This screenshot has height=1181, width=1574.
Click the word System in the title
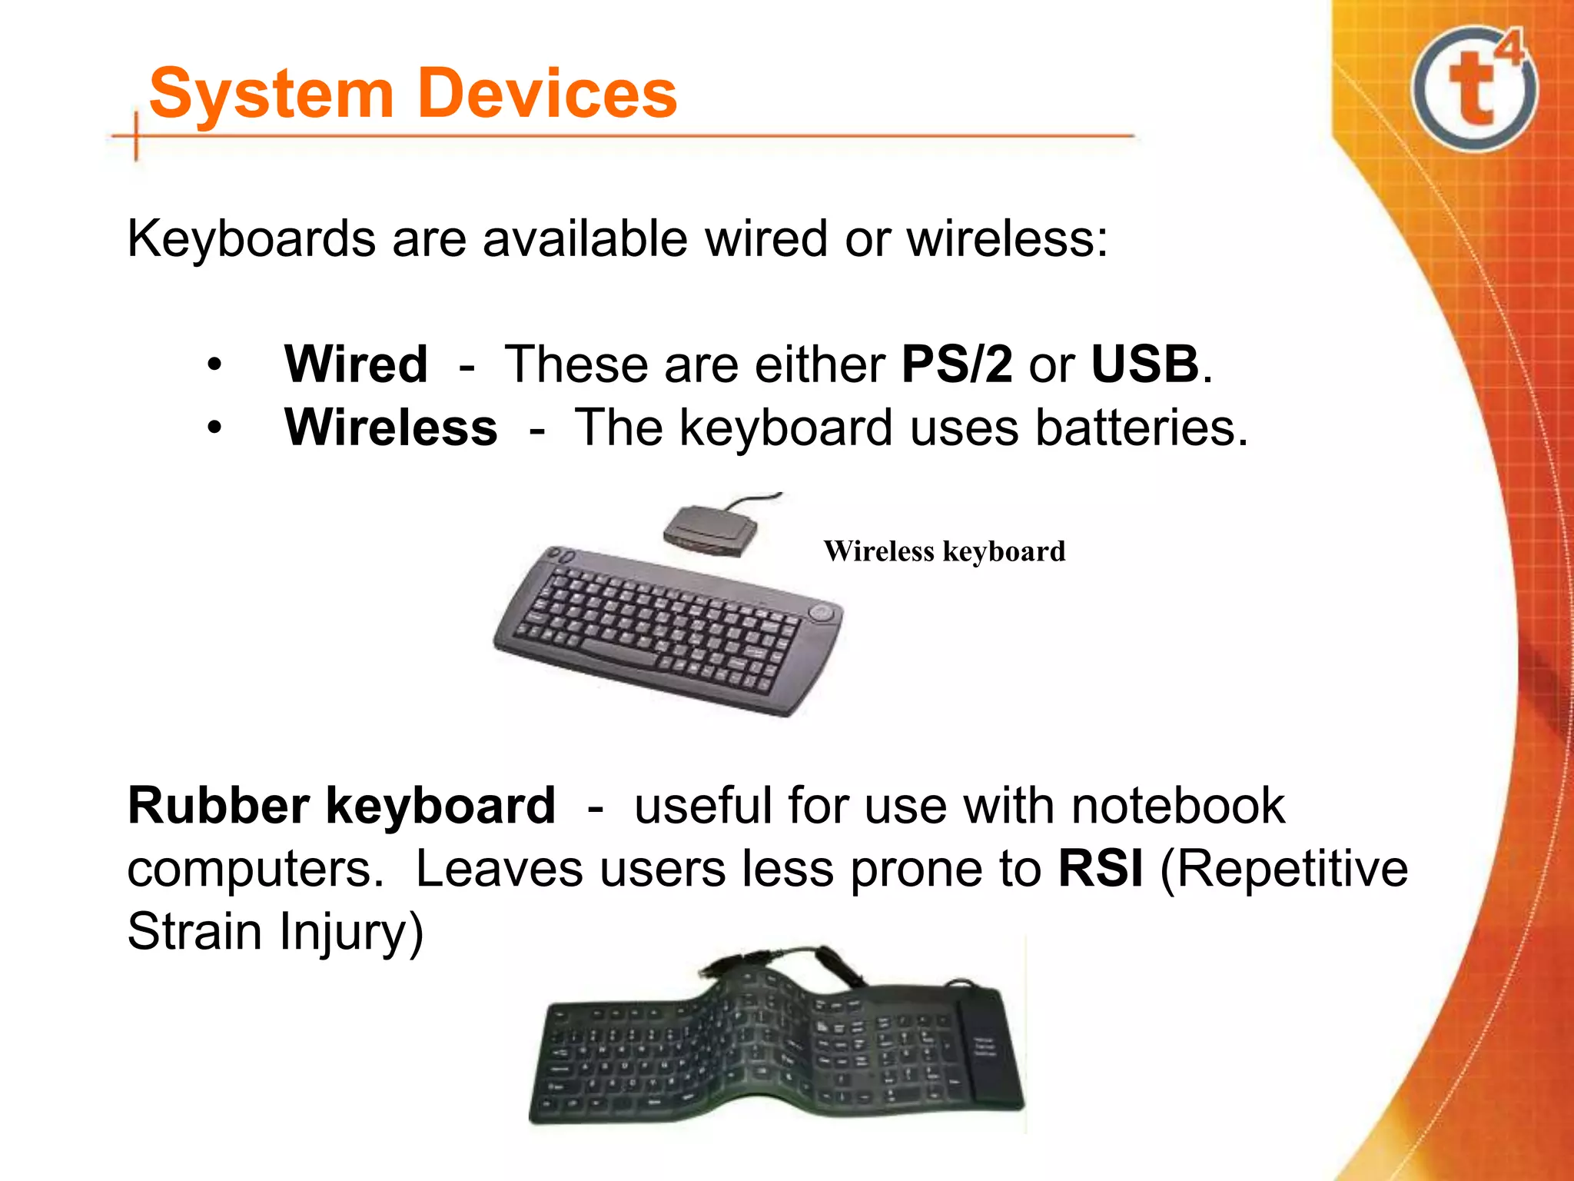click(271, 94)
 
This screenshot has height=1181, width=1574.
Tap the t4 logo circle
click(1474, 89)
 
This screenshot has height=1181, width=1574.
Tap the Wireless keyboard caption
click(944, 551)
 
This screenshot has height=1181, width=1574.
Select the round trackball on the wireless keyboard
click(821, 613)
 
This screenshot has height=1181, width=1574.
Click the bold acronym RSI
click(1100, 869)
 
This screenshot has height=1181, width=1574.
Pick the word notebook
click(1177, 806)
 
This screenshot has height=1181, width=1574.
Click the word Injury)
click(351, 932)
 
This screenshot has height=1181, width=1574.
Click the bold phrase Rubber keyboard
click(341, 806)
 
